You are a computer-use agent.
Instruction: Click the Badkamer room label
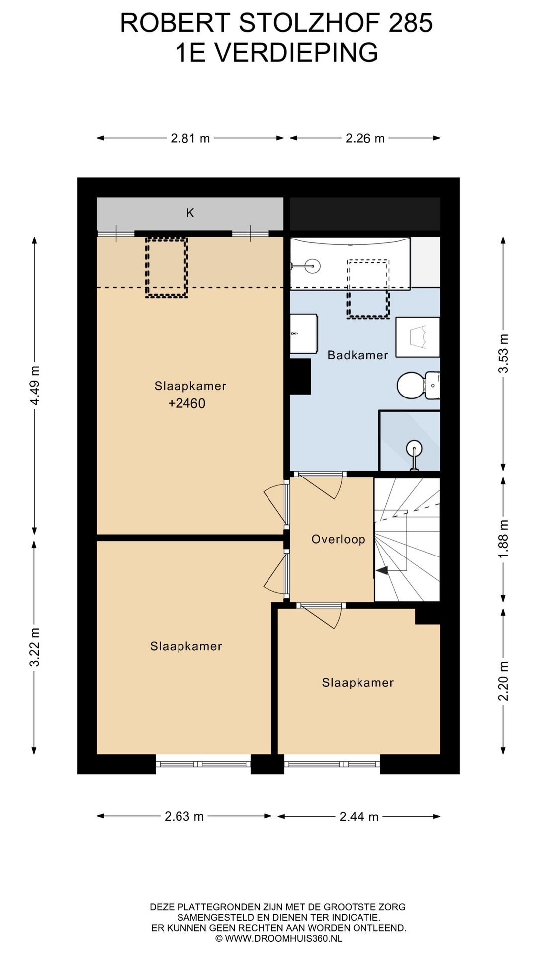click(358, 355)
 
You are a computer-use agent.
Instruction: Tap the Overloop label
click(338, 539)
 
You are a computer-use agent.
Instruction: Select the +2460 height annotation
click(187, 403)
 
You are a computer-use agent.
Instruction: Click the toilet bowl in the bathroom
click(410, 385)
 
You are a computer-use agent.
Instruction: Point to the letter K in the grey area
click(190, 213)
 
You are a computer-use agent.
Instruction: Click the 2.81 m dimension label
click(190, 138)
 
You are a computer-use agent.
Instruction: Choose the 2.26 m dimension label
click(365, 138)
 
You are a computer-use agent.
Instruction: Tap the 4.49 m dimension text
click(35, 386)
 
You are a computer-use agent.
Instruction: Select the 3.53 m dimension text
click(504, 353)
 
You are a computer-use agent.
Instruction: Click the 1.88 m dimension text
click(504, 539)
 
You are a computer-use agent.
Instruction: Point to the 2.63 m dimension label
click(184, 816)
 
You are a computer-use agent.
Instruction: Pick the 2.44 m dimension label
click(359, 816)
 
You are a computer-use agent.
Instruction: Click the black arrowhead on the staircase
click(382, 571)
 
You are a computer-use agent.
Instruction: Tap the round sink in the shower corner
click(414, 449)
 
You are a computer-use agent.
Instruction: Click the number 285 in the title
click(411, 23)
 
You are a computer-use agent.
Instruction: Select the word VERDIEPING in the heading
click(297, 53)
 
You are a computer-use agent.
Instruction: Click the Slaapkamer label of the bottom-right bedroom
click(358, 683)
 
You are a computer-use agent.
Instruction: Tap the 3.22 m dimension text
click(35, 647)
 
